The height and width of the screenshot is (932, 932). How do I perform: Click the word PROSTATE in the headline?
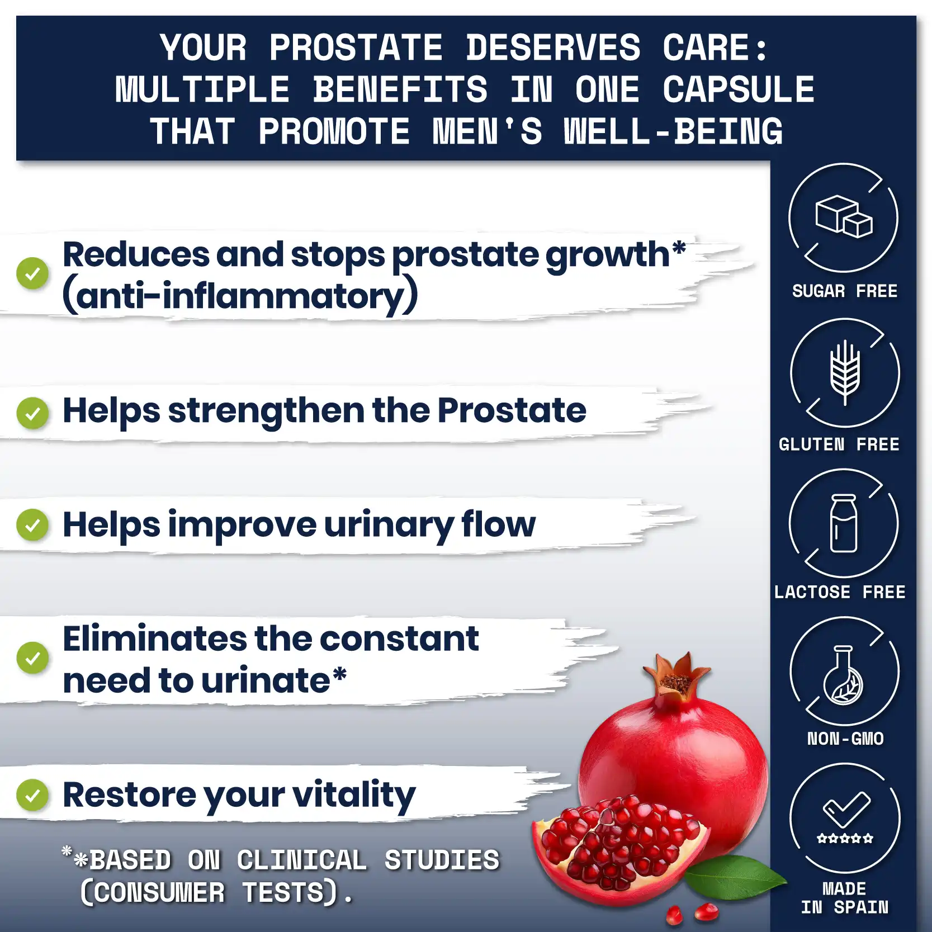[x=356, y=48]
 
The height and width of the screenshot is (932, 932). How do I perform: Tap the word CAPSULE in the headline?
[x=739, y=89]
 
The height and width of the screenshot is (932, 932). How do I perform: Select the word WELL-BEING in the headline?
[x=673, y=132]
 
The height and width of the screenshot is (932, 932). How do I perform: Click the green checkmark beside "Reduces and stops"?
[x=32, y=273]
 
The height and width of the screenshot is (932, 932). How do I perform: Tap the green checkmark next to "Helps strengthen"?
[x=32, y=413]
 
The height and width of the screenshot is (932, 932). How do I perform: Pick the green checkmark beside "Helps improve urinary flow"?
[x=32, y=525]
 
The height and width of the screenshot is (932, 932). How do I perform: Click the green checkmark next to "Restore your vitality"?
[x=32, y=795]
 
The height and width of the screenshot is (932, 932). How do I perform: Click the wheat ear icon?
[x=845, y=372]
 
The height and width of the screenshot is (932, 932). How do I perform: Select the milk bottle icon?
[x=844, y=523]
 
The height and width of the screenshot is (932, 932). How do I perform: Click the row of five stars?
[x=845, y=838]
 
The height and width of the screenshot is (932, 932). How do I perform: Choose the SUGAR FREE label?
[x=845, y=291]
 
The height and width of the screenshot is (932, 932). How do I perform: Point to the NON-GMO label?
[x=845, y=739]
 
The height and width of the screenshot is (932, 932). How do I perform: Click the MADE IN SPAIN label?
[x=845, y=898]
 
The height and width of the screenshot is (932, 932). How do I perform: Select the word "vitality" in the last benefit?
[x=354, y=796]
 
